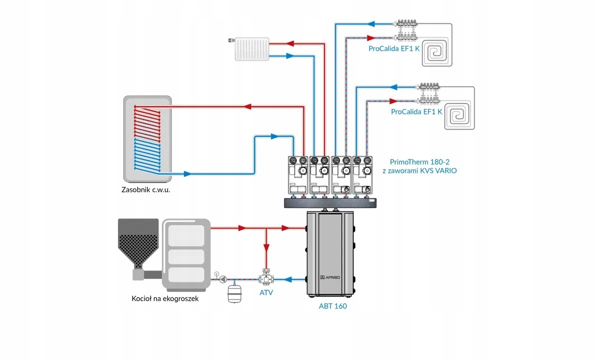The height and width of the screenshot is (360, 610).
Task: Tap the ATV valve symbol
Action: pos(265,278)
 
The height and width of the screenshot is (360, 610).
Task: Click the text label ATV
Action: pos(266,292)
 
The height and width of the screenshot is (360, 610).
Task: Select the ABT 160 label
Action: pos(332,306)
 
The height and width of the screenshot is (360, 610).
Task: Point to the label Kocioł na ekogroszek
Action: pos(165,298)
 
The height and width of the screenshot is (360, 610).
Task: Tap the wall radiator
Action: pos(252,49)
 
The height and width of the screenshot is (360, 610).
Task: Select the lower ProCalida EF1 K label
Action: pos(416,112)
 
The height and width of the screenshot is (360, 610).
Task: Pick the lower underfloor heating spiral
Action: pos(459,115)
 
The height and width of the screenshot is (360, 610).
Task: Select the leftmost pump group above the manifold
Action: pos(298,175)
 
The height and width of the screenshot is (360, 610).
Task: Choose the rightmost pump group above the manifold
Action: pos(363,175)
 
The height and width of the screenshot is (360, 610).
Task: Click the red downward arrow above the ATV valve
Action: pos(266,247)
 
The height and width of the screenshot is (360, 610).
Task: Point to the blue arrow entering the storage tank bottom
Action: pos(187,174)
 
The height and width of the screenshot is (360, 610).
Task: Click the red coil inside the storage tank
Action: pos(146,121)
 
